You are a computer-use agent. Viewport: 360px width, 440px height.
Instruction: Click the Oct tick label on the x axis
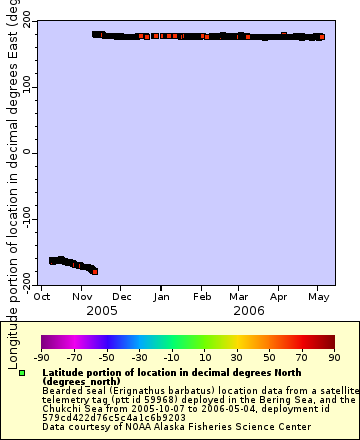tap(43, 296)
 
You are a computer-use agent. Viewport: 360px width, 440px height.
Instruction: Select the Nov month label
tap(82, 296)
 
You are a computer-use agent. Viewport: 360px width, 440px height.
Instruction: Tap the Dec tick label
tap(122, 296)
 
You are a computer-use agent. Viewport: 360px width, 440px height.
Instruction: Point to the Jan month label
tap(161, 296)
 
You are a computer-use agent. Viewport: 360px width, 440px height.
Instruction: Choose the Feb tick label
tap(201, 296)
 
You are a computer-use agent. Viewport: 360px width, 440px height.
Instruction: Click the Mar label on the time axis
tap(238, 296)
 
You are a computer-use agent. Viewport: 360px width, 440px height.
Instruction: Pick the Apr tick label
tap(279, 296)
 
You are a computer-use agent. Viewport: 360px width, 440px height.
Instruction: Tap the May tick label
tap(319, 296)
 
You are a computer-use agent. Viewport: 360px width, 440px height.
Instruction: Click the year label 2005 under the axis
tap(101, 310)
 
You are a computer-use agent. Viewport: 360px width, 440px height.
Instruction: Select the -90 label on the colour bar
tap(41, 357)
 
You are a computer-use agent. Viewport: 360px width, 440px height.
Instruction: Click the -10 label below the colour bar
tap(171, 357)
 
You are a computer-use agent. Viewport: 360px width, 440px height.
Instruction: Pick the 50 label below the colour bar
tap(269, 357)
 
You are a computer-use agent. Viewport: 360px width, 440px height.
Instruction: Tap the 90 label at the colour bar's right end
tap(334, 357)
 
